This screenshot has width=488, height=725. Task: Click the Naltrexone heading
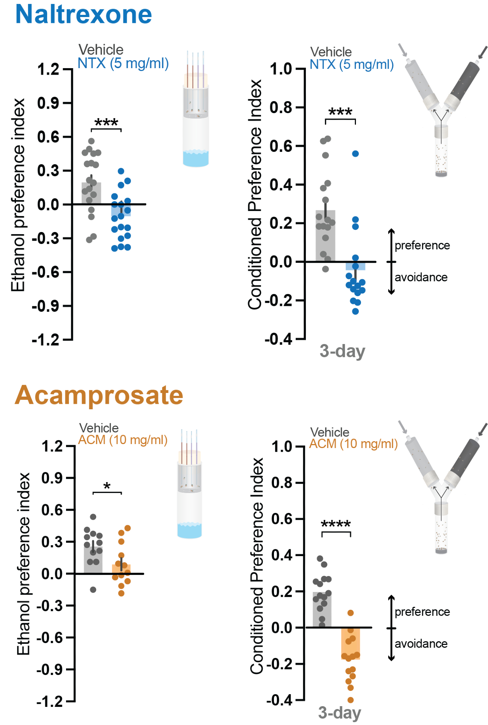pyautogui.click(x=83, y=14)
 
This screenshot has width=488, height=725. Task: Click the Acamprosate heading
pyautogui.click(x=99, y=395)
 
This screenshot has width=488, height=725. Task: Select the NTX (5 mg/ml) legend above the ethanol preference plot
pyautogui.click(x=123, y=63)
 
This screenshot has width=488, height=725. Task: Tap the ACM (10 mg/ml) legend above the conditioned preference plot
pyautogui.click(x=353, y=444)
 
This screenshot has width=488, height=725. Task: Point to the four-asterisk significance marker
pyautogui.click(x=336, y=524)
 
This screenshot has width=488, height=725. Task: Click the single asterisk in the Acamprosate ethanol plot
pyautogui.click(x=107, y=486)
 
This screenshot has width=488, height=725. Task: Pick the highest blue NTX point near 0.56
pyautogui.click(x=355, y=154)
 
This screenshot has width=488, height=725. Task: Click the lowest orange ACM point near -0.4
pyautogui.click(x=350, y=700)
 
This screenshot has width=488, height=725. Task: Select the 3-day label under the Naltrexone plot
pyautogui.click(x=342, y=351)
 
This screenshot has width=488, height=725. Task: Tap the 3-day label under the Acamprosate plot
pyautogui.click(x=340, y=712)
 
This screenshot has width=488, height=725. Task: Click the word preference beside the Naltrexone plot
pyautogui.click(x=422, y=245)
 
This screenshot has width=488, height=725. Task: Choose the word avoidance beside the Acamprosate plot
pyautogui.click(x=421, y=644)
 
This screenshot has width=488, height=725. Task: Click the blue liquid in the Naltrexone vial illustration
pyautogui.click(x=196, y=158)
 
